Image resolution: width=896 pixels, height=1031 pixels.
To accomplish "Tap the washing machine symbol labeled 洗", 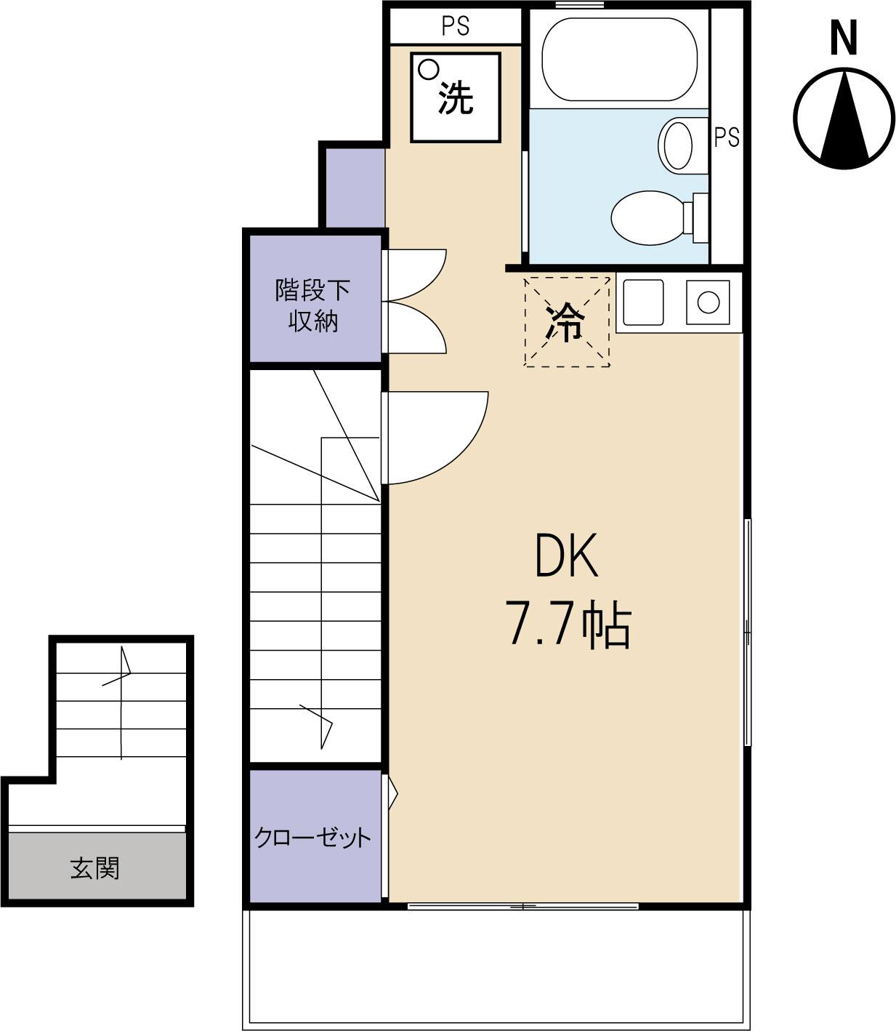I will tap(456, 97).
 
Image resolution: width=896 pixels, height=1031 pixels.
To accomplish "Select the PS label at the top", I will tap(456, 26).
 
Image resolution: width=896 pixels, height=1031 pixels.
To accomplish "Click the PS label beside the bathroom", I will tap(726, 137).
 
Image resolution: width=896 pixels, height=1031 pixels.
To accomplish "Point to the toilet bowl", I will tap(647, 216).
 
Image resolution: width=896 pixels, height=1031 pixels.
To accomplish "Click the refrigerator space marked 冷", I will tap(567, 321).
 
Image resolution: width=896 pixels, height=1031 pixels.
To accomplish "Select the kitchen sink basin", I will tap(643, 301).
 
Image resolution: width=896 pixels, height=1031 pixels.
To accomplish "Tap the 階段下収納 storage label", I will tap(312, 305).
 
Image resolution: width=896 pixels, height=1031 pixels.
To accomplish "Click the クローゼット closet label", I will tap(312, 838).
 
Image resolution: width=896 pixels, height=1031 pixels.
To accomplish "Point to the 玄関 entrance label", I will tap(95, 867).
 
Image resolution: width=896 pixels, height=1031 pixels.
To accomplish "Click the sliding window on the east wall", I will tap(747, 631).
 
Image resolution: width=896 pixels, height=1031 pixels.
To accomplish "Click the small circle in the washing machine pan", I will tap(429, 69).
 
